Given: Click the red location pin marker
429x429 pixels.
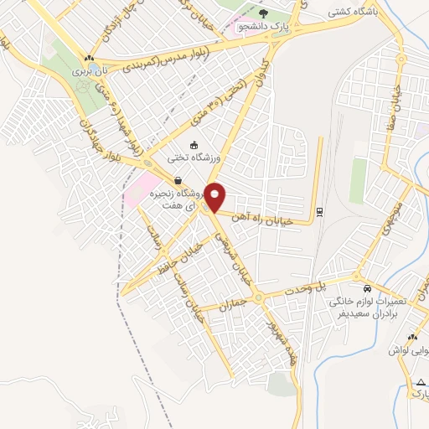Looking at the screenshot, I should coord(215,196).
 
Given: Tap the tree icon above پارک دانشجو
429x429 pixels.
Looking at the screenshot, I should coord(264,13).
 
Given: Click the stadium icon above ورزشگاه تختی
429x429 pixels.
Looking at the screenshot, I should coord(195,145).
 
